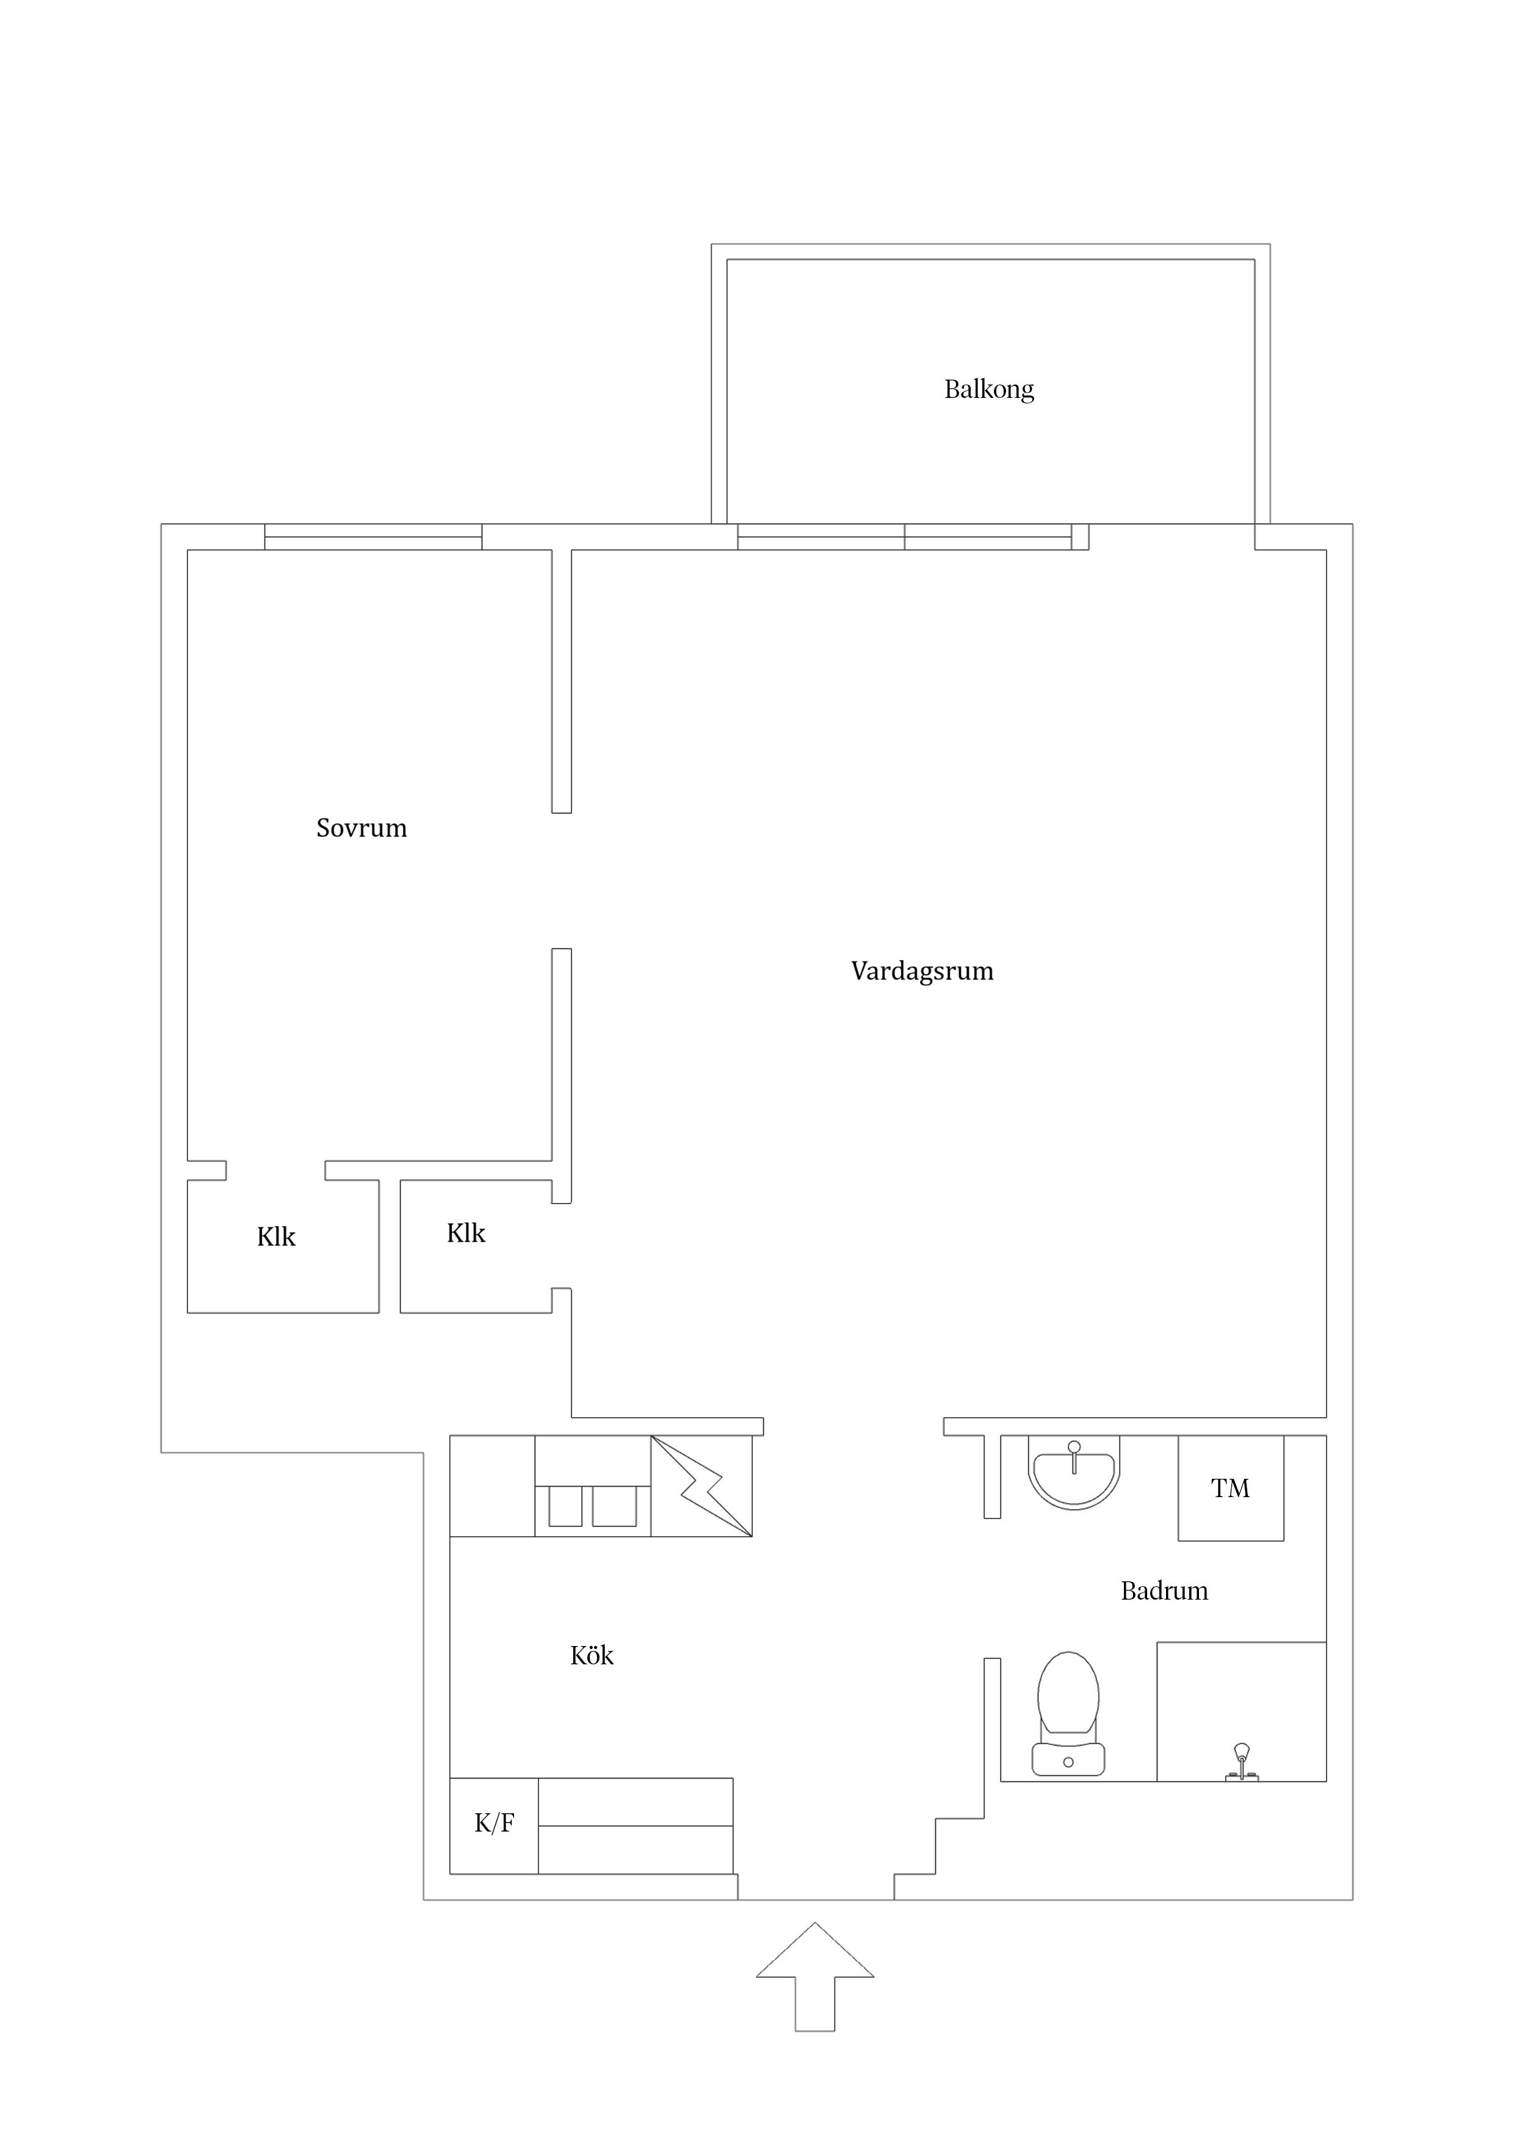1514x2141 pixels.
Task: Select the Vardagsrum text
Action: click(x=922, y=971)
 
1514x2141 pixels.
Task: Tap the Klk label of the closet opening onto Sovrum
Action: click(x=276, y=1237)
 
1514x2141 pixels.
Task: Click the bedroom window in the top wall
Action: click(x=373, y=537)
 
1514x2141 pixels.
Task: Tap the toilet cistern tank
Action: click(x=1068, y=1760)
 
